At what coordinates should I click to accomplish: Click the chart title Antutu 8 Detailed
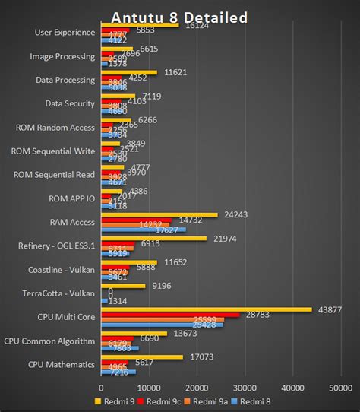pyautogui.click(x=179, y=17)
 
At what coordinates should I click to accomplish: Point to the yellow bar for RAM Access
pyautogui.click(x=159, y=214)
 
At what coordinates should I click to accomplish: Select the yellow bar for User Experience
pyautogui.click(x=140, y=25)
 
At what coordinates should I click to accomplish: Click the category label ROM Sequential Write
pyautogui.click(x=53, y=151)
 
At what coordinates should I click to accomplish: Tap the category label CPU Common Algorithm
pyautogui.click(x=50, y=341)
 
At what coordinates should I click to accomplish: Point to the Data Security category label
pyautogui.click(x=70, y=103)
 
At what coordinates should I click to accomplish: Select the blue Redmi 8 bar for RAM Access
pyautogui.click(x=144, y=230)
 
